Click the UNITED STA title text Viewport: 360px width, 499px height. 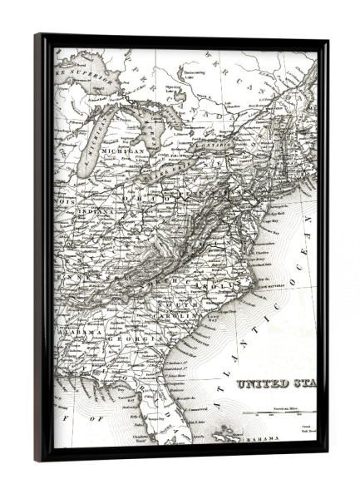click(275, 384)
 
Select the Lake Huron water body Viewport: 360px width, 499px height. click(154, 125)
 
